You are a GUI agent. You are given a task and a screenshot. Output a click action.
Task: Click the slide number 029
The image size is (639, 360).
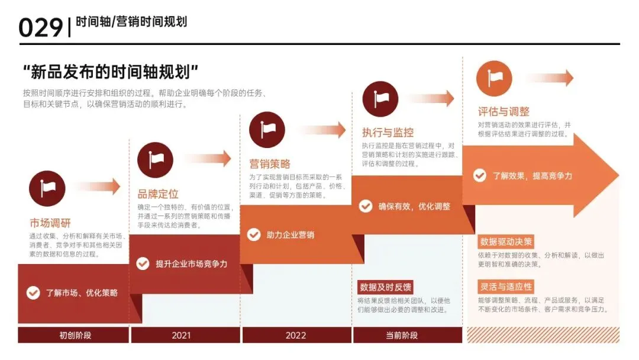(x=40, y=27)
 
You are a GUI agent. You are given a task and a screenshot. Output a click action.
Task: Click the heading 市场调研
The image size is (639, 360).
(x=50, y=223)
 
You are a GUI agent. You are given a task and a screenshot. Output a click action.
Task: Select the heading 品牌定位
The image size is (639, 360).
(x=158, y=194)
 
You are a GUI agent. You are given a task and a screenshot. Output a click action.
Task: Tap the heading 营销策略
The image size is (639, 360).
(x=270, y=164)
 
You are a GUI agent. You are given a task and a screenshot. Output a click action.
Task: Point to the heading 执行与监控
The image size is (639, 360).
(x=388, y=132)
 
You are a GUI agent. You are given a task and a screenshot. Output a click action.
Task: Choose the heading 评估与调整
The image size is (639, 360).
(x=504, y=111)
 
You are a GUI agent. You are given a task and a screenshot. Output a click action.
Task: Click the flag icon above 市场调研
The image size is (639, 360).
(x=47, y=188)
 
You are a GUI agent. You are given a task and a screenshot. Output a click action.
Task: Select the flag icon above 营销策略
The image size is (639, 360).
(x=267, y=130)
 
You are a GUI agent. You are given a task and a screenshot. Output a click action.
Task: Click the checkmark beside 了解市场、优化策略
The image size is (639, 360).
(x=34, y=292)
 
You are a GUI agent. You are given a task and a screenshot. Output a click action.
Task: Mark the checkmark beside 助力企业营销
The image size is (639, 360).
(x=254, y=234)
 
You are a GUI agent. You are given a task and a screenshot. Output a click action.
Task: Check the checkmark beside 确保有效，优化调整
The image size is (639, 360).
(x=366, y=206)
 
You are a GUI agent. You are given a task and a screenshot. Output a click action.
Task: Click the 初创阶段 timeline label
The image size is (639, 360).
(x=75, y=335)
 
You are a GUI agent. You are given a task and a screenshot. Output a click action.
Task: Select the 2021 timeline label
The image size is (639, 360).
(x=181, y=335)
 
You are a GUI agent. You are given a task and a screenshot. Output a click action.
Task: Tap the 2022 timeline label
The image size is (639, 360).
(x=296, y=335)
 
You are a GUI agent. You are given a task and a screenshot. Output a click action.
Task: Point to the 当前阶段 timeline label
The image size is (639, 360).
(x=402, y=335)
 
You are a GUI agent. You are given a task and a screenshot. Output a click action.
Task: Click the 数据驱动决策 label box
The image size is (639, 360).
(x=506, y=242)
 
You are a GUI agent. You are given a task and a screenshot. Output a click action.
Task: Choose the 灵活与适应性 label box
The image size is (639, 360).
(x=506, y=287)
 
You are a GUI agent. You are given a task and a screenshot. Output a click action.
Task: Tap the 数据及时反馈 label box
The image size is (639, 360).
(x=385, y=287)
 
